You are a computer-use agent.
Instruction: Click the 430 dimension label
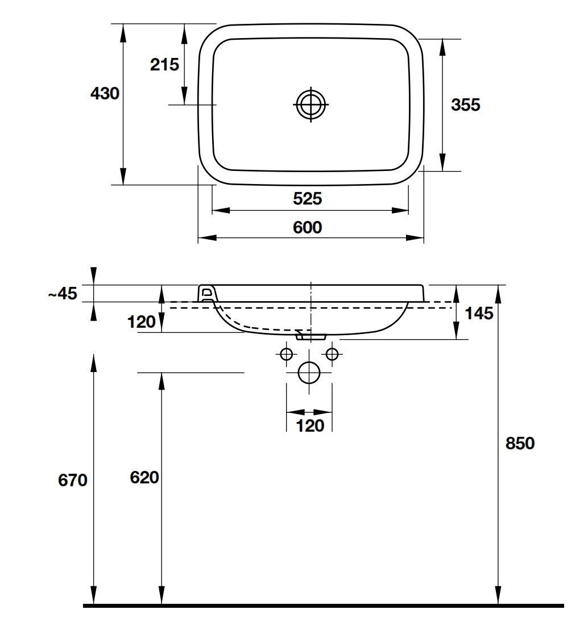(x=105, y=94)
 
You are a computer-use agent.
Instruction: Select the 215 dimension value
(x=164, y=65)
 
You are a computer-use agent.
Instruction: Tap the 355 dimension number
(x=466, y=105)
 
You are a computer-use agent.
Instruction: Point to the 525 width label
(x=308, y=198)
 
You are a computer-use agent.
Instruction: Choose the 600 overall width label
(x=308, y=228)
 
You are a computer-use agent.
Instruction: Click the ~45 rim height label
(x=61, y=294)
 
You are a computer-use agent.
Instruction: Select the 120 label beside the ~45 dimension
(x=142, y=322)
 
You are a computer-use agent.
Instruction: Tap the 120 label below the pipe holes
(x=310, y=425)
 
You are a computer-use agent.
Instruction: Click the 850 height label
(x=520, y=443)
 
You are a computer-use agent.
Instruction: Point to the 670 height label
(x=73, y=480)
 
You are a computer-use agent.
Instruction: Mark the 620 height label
(x=144, y=478)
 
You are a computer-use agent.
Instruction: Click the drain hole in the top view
(x=311, y=104)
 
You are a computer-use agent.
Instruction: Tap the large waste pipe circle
(x=310, y=373)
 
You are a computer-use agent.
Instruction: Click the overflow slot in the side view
(x=208, y=293)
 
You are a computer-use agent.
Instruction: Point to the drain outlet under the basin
(x=310, y=336)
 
